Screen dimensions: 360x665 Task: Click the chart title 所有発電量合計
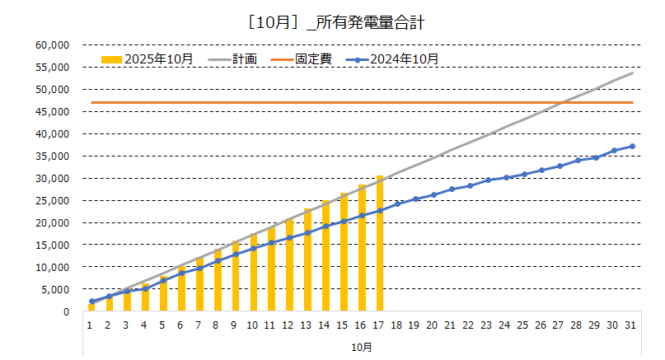pos(332,23)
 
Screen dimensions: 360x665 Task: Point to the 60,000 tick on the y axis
pos(55,44)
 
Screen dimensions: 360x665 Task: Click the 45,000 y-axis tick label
pos(55,111)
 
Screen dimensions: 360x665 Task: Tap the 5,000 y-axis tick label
pos(58,289)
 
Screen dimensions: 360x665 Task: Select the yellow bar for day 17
pos(380,244)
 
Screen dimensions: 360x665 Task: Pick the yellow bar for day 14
pos(325,256)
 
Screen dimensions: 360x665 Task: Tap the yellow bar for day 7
pos(199,284)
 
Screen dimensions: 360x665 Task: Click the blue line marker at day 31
pos(632,146)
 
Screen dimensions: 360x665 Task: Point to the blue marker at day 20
pos(433,194)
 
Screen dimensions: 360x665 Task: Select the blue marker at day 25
pos(524,174)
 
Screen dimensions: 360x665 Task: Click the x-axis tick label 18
pos(398,325)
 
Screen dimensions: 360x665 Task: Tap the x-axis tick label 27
pos(560,325)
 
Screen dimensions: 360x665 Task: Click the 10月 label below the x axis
pos(362,347)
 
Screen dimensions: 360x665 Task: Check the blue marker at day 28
pos(578,160)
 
